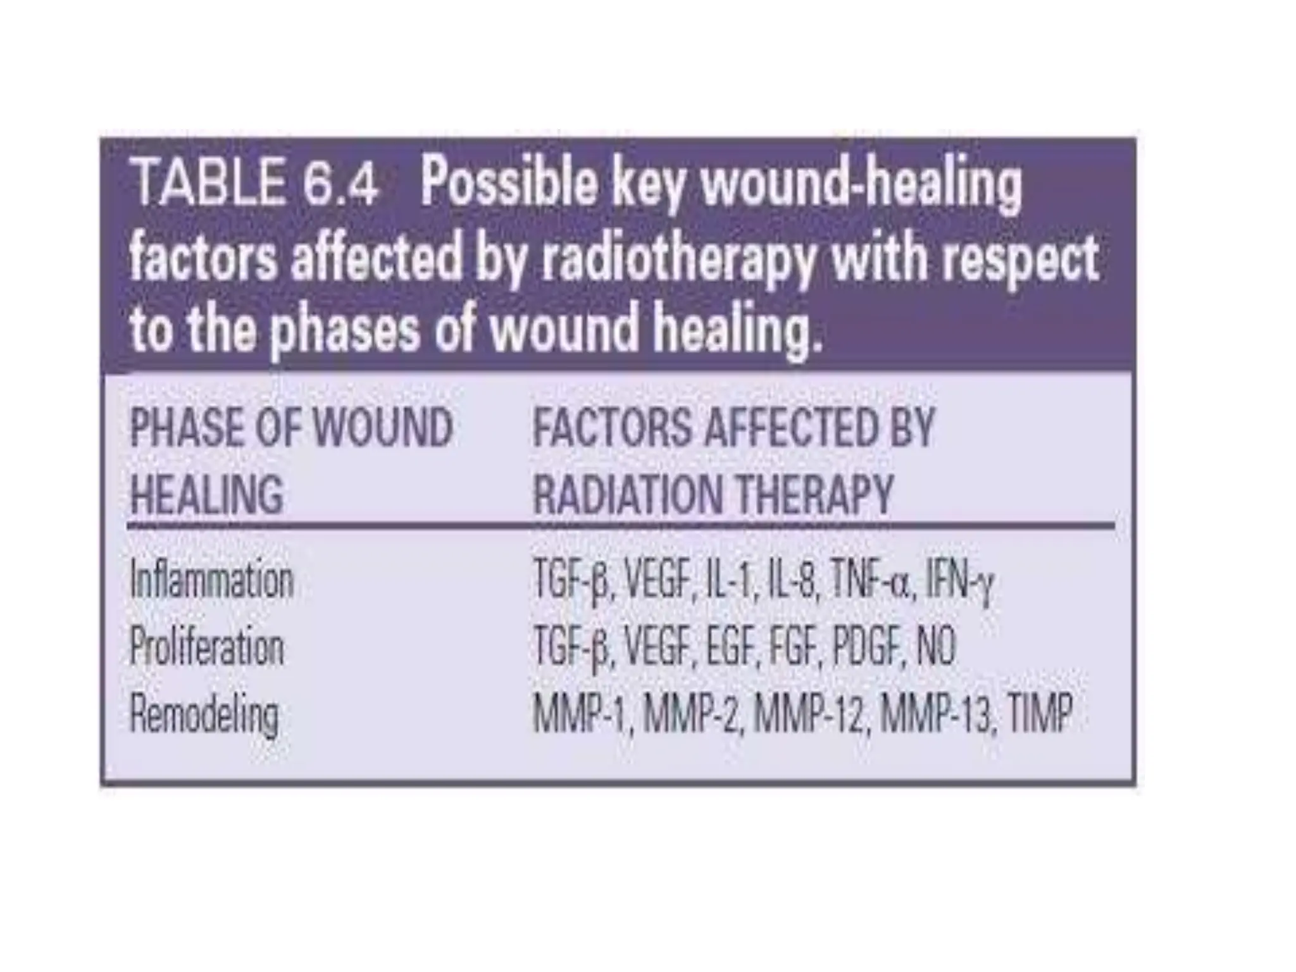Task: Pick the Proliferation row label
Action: click(x=207, y=647)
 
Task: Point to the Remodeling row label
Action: click(x=204, y=714)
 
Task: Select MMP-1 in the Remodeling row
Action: click(x=583, y=714)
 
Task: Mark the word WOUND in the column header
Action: click(x=383, y=428)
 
